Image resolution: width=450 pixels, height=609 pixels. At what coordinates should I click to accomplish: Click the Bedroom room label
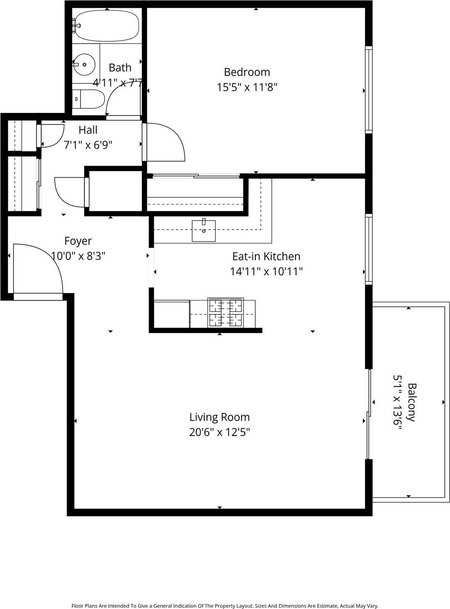click(x=247, y=72)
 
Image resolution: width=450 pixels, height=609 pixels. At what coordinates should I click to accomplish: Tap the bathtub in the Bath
click(x=106, y=26)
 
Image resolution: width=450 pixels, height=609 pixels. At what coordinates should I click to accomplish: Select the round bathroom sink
click(x=84, y=65)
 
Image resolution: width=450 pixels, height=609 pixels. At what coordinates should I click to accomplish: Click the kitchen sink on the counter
click(x=203, y=231)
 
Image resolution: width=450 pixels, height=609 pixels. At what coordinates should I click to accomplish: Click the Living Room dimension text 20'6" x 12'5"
click(x=219, y=432)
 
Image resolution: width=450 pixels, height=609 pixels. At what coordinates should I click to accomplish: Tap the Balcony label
click(x=411, y=402)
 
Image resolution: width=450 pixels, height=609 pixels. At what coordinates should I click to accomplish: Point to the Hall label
click(x=88, y=130)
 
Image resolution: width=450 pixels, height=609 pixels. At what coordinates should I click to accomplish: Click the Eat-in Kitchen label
click(x=266, y=256)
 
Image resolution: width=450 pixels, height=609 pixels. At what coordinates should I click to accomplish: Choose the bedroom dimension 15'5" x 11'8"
click(x=247, y=87)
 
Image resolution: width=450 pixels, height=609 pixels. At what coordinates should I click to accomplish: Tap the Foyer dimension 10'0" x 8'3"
click(x=78, y=256)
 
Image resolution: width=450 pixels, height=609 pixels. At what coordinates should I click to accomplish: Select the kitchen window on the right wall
click(x=368, y=249)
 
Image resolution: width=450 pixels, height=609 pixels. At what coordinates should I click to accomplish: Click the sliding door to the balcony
click(x=368, y=414)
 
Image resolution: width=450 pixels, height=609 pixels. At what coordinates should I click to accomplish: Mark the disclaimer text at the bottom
click(x=225, y=606)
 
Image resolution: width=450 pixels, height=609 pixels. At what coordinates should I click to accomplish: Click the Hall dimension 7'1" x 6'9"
click(x=88, y=145)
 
